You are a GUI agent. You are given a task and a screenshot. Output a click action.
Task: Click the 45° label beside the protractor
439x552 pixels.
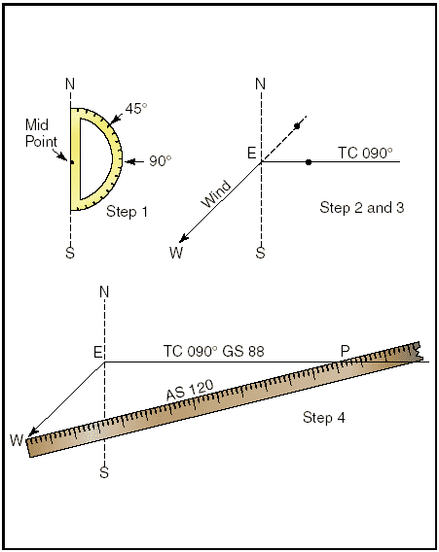click(136, 108)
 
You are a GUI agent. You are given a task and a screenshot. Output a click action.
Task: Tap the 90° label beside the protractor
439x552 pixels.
click(160, 161)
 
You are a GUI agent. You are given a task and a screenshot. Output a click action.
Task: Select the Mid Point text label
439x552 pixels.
click(41, 133)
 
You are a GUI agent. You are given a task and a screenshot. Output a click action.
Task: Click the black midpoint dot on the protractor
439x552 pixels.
click(72, 162)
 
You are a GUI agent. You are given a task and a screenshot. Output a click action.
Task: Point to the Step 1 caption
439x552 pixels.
click(127, 212)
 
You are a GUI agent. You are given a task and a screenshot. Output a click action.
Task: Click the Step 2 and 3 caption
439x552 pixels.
click(362, 207)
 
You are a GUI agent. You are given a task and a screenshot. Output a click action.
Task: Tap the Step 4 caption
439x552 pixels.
click(324, 418)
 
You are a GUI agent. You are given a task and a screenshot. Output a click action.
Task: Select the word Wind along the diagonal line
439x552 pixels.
click(216, 194)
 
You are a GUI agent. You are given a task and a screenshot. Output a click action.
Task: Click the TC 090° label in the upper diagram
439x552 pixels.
click(365, 154)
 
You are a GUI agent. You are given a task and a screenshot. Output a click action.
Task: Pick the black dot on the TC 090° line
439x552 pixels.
click(309, 162)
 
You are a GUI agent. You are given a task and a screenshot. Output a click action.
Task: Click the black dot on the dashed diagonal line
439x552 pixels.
click(297, 126)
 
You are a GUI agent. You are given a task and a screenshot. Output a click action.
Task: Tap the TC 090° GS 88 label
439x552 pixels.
click(213, 352)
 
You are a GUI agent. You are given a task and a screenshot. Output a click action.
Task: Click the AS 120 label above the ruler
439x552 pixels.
click(190, 390)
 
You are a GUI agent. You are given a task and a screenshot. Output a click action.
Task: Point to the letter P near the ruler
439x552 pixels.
click(345, 351)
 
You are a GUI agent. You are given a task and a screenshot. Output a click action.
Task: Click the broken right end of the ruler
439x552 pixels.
click(416, 352)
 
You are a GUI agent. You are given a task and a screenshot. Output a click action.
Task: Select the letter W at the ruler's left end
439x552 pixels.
click(17, 440)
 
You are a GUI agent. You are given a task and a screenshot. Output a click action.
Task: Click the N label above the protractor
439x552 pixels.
click(70, 85)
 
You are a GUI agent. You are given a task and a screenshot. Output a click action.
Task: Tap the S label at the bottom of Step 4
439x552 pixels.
click(104, 472)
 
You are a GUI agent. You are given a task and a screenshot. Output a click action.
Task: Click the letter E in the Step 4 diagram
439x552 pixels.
click(98, 352)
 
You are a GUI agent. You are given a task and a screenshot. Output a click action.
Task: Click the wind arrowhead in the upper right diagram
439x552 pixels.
click(183, 238)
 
